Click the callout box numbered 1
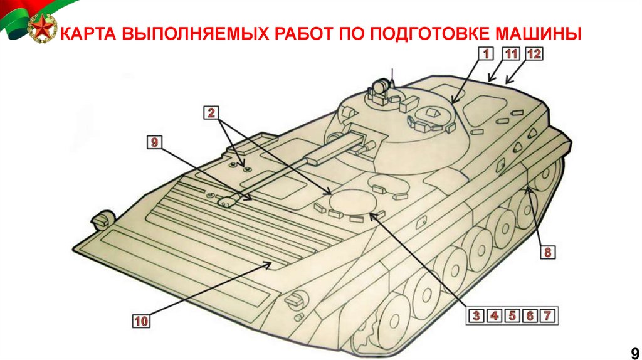point(486,54)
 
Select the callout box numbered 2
point(211,112)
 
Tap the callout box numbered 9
point(154,142)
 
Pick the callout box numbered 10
point(141,320)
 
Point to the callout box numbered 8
point(548,252)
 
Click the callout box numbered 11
point(511,54)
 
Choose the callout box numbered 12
point(534,54)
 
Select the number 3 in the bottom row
point(476,315)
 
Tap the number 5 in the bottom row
point(512,315)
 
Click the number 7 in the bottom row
point(547,315)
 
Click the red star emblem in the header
point(42,28)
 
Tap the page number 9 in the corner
point(634,352)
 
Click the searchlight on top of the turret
point(380,85)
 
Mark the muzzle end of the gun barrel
point(227,201)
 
